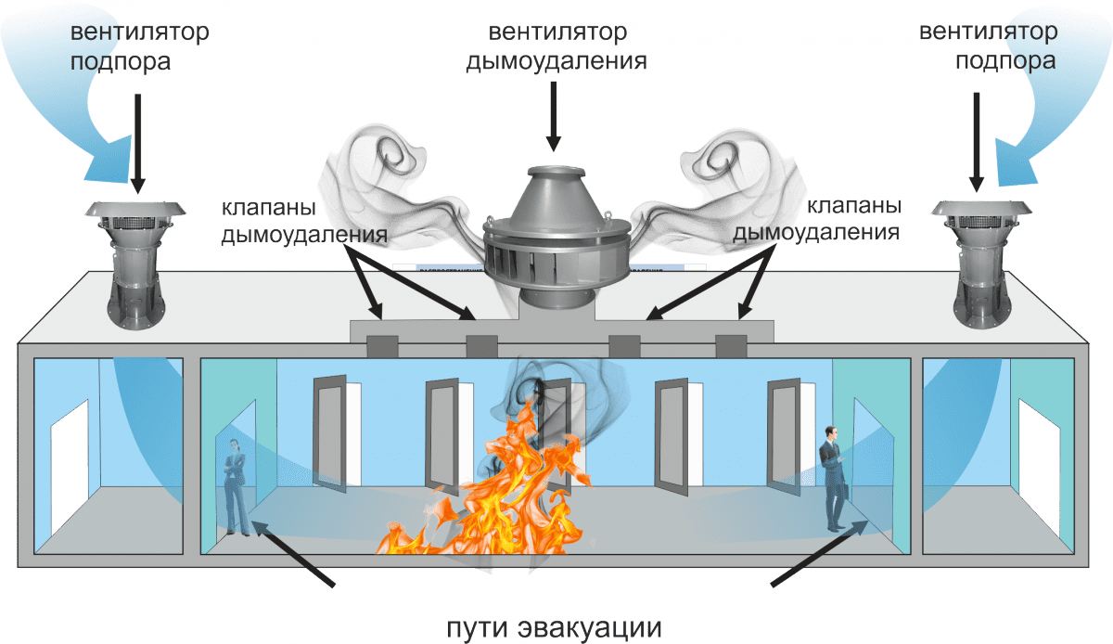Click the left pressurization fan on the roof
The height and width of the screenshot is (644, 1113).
(x=135, y=264)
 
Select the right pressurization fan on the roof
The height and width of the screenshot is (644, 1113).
(x=981, y=264)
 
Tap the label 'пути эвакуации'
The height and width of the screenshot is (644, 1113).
(x=554, y=627)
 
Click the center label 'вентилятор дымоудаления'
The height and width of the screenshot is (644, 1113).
(x=557, y=46)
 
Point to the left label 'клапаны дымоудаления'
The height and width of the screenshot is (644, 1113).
(x=304, y=221)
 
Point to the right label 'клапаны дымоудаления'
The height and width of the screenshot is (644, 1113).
(x=817, y=219)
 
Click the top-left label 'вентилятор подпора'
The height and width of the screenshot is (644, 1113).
(x=140, y=46)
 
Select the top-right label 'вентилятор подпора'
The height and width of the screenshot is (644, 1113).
(x=989, y=46)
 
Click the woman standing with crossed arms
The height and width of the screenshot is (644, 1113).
(x=236, y=487)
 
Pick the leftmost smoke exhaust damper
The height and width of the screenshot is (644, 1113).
(x=382, y=347)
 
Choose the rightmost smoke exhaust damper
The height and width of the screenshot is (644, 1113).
(x=731, y=346)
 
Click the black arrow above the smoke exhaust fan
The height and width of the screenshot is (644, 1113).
(x=553, y=116)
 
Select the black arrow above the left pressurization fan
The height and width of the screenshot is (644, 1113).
(x=137, y=144)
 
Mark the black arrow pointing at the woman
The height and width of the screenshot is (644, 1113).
(x=293, y=553)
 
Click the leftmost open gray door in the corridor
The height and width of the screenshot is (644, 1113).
(x=330, y=433)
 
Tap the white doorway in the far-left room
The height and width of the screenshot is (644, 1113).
(x=70, y=468)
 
